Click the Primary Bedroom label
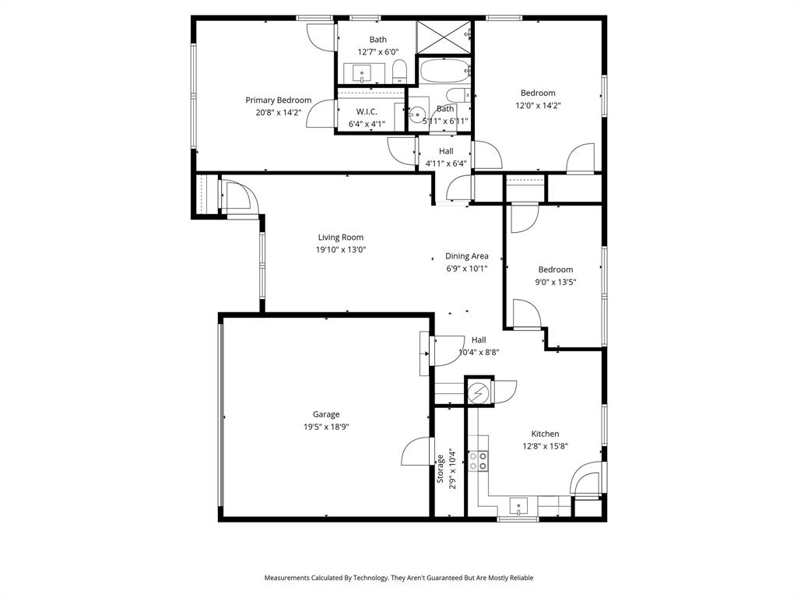point(278,100)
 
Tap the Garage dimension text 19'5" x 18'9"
point(326,427)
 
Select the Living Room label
point(340,237)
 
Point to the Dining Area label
point(466,255)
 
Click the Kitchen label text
point(545,434)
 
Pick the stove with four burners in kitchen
point(478,461)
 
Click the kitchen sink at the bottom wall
point(518,508)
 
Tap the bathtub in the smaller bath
point(445,72)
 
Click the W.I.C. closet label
point(367,111)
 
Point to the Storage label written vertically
point(441,469)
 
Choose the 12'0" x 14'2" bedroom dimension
point(538,105)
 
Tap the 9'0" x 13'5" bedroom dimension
point(556,282)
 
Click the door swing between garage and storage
point(419,452)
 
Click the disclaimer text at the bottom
point(398,578)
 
